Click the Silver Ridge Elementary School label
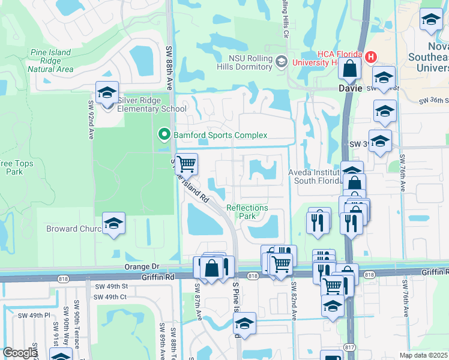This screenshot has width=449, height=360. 152,104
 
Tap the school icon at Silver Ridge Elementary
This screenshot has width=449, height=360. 107,93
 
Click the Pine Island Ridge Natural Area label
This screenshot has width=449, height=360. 50,61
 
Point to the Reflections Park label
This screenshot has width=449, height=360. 247,212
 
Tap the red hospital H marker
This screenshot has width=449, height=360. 371,58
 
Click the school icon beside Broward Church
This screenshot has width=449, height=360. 113,224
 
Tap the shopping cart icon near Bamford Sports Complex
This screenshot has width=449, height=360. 187,163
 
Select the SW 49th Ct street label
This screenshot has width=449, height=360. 110,297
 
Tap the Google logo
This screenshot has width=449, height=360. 19,353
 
